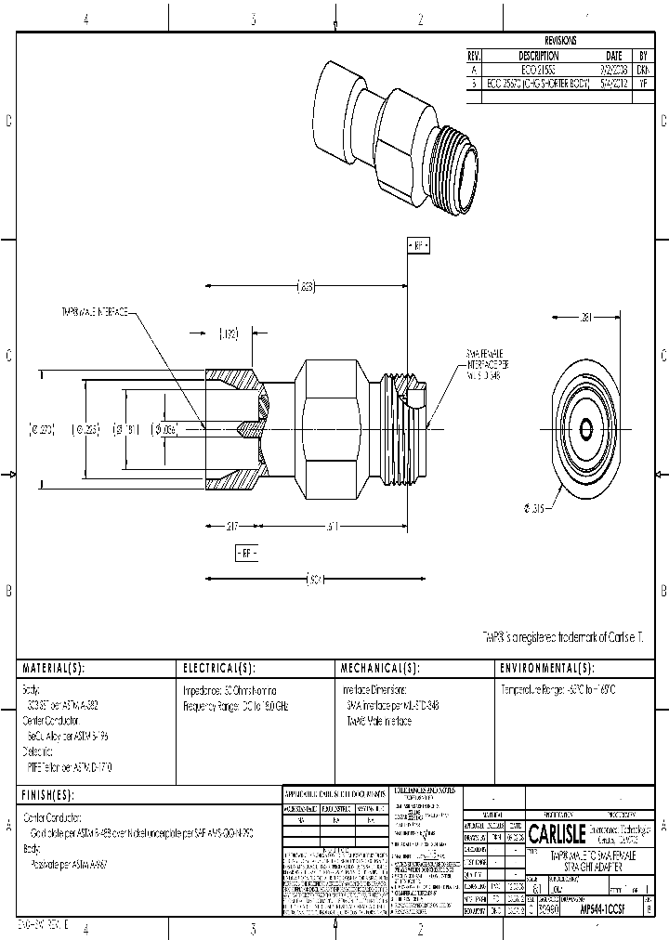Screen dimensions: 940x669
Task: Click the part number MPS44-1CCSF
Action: [601, 912]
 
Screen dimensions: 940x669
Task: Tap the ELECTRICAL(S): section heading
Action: [218, 669]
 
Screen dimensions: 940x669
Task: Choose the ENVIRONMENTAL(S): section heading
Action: [547, 669]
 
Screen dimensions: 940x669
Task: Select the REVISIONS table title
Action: [560, 41]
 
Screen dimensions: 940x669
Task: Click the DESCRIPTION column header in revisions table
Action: [539, 56]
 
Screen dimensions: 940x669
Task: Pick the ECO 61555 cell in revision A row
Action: [539, 70]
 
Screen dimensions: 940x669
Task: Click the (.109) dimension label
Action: [230, 333]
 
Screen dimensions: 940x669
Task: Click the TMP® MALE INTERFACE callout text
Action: [95, 312]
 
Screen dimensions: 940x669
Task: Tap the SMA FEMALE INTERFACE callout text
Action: [484, 365]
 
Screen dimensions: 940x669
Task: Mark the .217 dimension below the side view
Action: [231, 527]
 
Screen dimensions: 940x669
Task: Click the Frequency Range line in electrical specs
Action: [236, 707]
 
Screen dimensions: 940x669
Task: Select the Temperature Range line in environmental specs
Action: [558, 691]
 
